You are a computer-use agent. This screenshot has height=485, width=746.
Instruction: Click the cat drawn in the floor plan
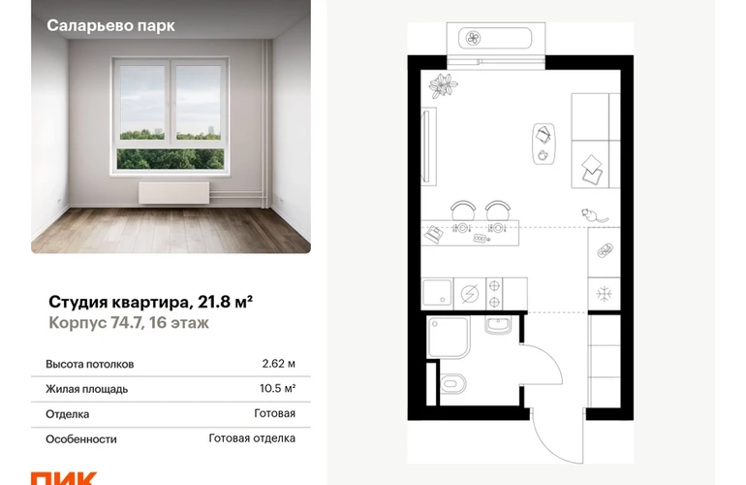click(594, 215)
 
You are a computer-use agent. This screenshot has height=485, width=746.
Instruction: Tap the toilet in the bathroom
click(453, 383)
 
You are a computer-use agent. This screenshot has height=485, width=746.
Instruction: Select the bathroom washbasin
click(498, 326)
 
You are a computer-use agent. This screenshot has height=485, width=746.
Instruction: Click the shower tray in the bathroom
click(449, 337)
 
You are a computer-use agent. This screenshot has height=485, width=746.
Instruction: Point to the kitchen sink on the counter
click(437, 294)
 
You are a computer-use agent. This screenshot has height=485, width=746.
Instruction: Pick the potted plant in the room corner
click(443, 85)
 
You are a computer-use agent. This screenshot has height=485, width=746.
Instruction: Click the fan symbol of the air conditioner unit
click(474, 38)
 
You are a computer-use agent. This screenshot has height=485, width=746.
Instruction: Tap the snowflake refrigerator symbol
click(605, 294)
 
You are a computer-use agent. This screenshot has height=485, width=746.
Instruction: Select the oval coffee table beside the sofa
click(544, 144)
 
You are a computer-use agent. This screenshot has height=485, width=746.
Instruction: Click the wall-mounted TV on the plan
click(429, 146)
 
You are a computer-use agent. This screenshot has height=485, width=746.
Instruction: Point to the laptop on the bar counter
click(434, 235)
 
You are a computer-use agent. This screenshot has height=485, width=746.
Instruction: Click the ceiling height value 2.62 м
click(278, 364)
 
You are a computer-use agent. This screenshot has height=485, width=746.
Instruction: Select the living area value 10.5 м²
click(277, 388)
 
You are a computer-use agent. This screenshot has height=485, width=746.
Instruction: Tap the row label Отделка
click(67, 414)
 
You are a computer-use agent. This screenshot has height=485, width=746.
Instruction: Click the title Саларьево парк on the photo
click(110, 26)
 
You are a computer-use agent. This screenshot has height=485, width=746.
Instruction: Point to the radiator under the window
click(173, 193)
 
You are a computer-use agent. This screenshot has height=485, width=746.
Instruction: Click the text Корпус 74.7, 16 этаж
click(129, 323)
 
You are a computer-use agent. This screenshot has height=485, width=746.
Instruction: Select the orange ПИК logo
click(64, 478)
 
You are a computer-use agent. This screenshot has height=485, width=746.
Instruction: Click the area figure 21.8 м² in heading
click(225, 302)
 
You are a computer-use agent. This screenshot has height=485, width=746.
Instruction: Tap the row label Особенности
click(80, 439)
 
